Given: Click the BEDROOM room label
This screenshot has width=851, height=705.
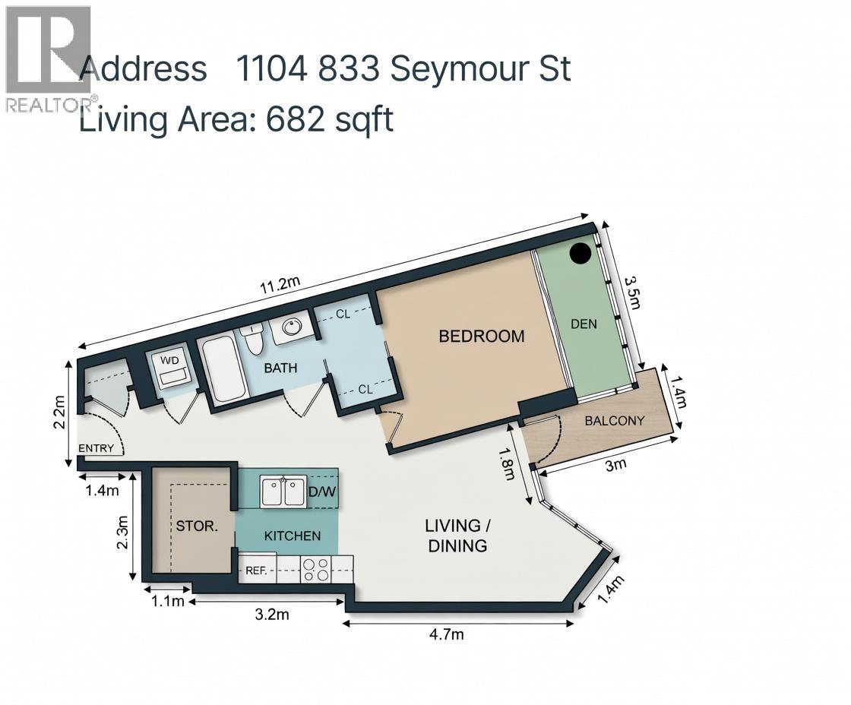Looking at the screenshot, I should click(482, 336).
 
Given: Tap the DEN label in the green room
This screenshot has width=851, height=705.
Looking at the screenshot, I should click(584, 324).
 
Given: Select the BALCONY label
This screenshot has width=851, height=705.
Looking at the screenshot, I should click(614, 420).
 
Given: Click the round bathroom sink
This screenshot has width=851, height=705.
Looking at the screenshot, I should click(289, 327).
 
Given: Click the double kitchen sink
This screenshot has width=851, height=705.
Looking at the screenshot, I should click(283, 492).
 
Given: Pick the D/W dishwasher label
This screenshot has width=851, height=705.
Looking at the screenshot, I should click(321, 492).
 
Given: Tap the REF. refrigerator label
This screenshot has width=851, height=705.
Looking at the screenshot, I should click(255, 570).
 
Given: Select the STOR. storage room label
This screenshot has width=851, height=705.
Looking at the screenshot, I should click(197, 525).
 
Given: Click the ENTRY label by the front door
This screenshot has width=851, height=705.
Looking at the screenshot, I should click(96, 447).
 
